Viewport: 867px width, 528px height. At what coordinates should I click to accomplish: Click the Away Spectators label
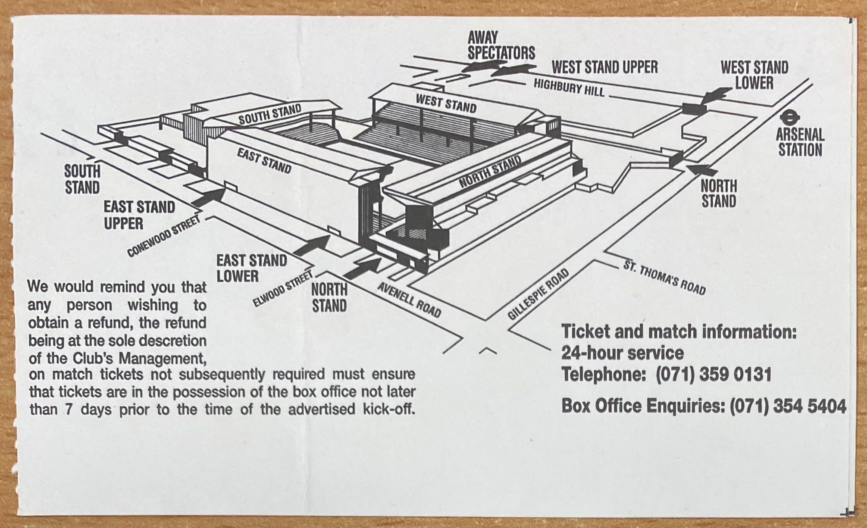(x=501, y=46)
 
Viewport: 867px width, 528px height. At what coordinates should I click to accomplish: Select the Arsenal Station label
(x=800, y=142)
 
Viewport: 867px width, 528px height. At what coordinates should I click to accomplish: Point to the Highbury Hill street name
(x=569, y=87)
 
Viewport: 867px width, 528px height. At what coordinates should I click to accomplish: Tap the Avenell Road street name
(x=409, y=300)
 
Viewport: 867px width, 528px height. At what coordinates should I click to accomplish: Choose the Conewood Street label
(x=164, y=236)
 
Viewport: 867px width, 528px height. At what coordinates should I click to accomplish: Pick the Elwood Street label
(x=282, y=289)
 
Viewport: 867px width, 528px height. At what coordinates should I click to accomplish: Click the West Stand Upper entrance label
(x=604, y=67)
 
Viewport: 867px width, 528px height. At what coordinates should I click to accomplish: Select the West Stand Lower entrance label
(x=754, y=75)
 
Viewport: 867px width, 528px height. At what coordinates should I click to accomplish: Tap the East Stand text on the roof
(x=264, y=161)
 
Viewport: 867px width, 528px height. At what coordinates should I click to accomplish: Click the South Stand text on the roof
(x=270, y=114)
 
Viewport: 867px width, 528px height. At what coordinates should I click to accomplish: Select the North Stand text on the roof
(x=490, y=172)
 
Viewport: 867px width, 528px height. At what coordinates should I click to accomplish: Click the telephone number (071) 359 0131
(x=713, y=375)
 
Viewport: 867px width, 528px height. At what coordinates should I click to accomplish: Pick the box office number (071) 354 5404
(x=788, y=406)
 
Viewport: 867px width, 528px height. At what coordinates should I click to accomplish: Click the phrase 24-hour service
(x=622, y=353)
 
